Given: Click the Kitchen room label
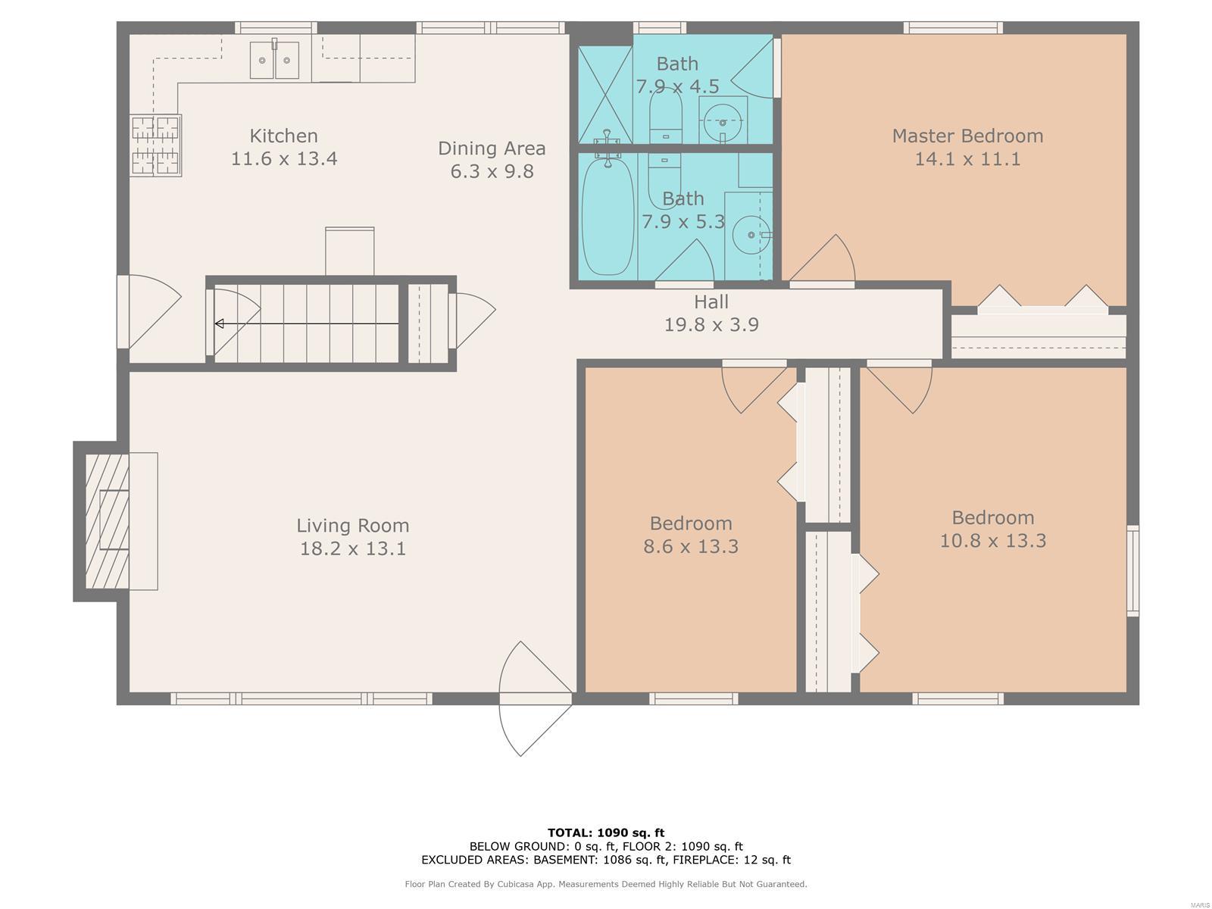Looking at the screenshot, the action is tap(283, 136).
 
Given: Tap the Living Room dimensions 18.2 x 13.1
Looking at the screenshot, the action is tap(352, 548).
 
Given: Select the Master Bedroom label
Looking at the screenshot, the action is tap(967, 136).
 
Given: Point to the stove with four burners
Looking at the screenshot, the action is tap(156, 145).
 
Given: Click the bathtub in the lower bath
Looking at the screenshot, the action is tap(608, 215).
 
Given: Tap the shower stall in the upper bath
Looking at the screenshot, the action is tap(605, 95).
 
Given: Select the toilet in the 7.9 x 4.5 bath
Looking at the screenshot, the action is tap(665, 116).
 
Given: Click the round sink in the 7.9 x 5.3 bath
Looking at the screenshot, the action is tap(751, 235).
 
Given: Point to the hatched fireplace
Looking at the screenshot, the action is tap(107, 521).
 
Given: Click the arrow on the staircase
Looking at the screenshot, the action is tap(307, 323).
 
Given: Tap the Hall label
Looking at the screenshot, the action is tap(711, 302).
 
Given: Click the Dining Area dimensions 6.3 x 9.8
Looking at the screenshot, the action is tap(492, 172).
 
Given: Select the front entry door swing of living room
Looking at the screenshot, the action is tap(535, 698).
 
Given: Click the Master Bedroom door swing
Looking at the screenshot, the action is tap(822, 258).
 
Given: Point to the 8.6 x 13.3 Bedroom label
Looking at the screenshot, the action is tap(691, 535).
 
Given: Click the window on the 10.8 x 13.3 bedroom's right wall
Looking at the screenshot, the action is tap(1132, 570).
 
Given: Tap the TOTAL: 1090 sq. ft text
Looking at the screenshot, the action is tap(606, 832).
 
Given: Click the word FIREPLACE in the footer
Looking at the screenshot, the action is tap(704, 860).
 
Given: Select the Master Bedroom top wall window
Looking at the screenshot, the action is tap(953, 27).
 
